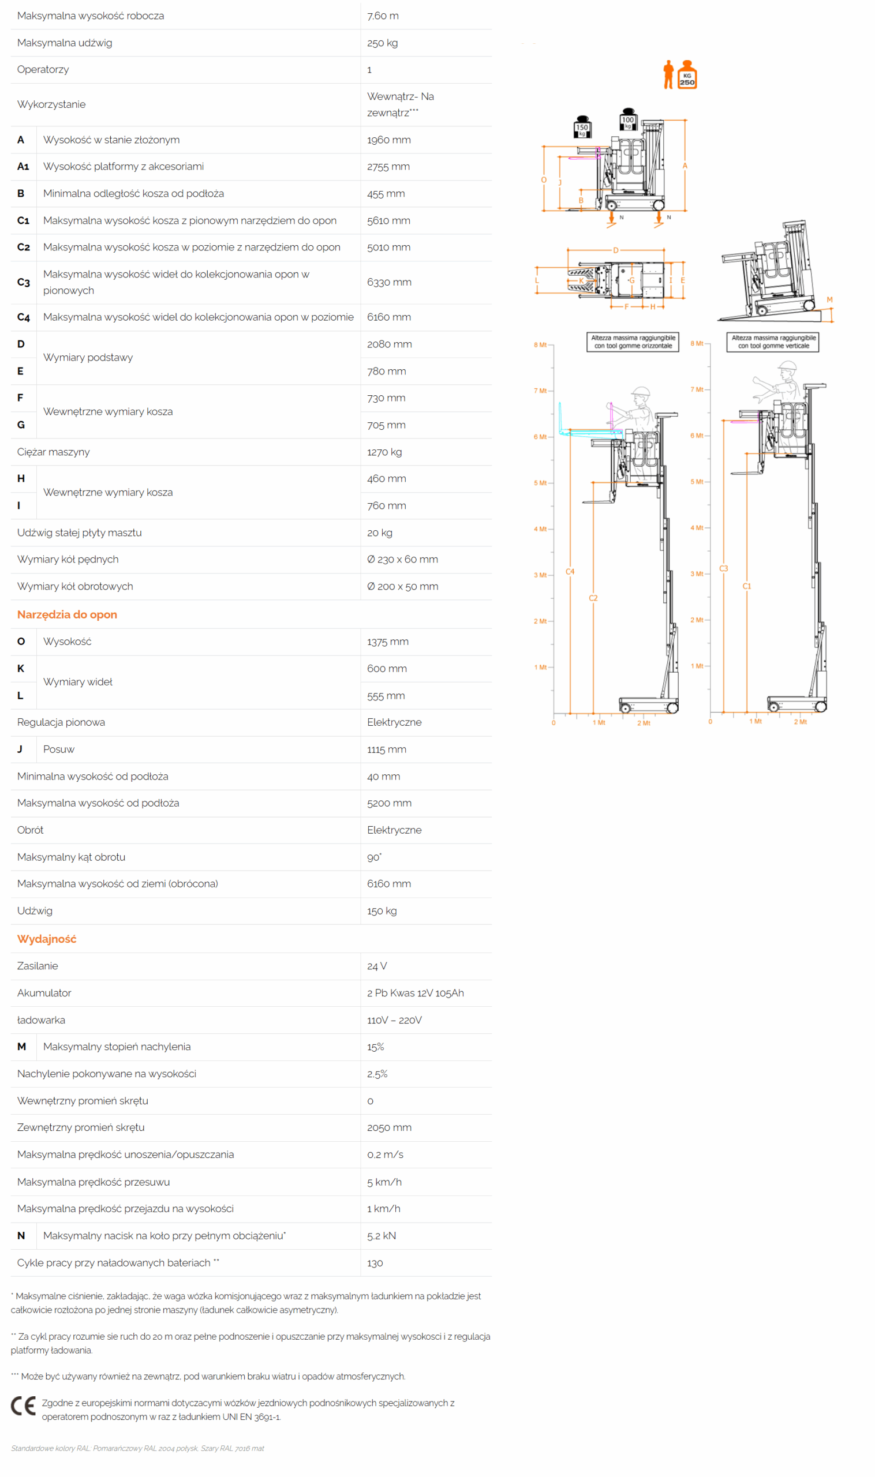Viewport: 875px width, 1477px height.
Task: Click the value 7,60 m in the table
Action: (x=383, y=16)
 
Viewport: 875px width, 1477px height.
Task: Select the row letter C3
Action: (x=24, y=282)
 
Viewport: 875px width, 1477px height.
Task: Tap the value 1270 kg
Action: (x=384, y=452)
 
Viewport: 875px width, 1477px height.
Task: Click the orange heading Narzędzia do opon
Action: (x=67, y=614)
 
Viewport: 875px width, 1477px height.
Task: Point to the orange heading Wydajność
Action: (x=47, y=939)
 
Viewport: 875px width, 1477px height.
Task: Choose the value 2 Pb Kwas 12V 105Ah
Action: (x=415, y=993)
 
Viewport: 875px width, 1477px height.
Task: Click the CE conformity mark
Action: (x=24, y=1406)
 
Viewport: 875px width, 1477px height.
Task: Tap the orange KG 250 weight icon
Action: (x=687, y=75)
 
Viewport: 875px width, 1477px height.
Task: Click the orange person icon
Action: (x=668, y=75)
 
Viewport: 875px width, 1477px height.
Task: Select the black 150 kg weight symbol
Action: (x=582, y=127)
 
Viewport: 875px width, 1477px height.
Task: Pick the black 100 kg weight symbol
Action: (x=628, y=119)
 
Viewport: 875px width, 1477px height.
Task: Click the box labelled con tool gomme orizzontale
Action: (x=633, y=342)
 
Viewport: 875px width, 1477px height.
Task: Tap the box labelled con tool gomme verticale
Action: (x=773, y=342)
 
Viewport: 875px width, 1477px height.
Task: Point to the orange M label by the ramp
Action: (x=829, y=299)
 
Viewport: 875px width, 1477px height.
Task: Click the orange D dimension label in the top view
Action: (x=616, y=250)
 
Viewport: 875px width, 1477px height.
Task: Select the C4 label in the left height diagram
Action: (x=570, y=571)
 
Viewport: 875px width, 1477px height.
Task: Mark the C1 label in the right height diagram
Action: (x=747, y=586)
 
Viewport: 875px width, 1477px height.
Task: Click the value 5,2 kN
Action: (x=382, y=1235)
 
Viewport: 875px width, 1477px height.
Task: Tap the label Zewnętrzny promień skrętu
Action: (x=81, y=1127)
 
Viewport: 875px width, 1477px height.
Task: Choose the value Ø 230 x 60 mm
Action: (x=403, y=559)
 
